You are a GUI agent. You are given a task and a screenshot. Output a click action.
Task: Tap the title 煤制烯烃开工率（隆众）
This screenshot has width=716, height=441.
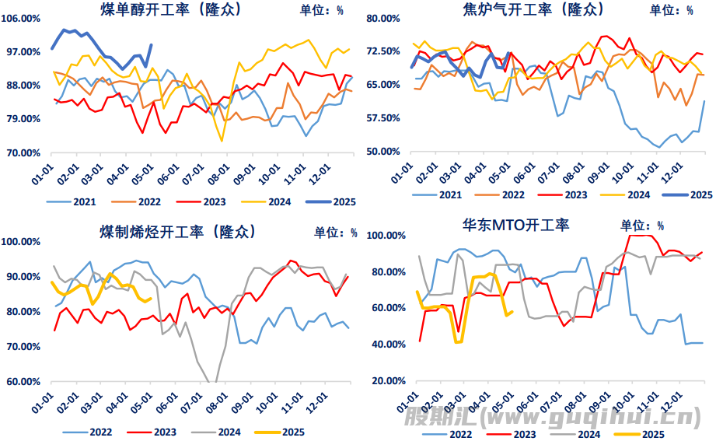(178, 232)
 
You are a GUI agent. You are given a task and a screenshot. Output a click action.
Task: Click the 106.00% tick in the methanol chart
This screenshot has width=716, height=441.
(23, 18)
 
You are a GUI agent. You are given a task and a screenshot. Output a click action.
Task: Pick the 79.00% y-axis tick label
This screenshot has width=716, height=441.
(23, 119)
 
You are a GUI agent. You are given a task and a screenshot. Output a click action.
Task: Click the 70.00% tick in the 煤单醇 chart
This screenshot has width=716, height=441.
(23, 152)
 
